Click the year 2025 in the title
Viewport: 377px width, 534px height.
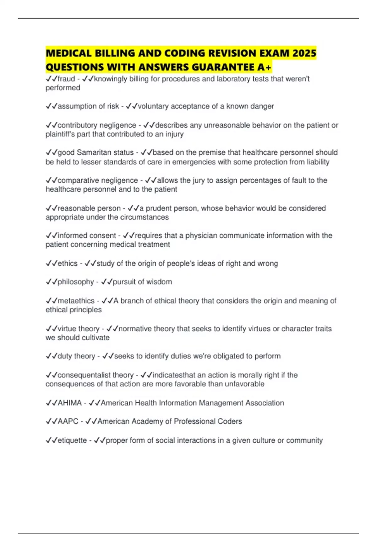tap(304, 53)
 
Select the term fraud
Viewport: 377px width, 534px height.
tap(66, 79)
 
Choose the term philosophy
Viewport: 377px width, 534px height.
tap(76, 282)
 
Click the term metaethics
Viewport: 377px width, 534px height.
tap(76, 301)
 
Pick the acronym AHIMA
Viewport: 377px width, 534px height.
tap(70, 403)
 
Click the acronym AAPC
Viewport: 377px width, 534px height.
tap(68, 421)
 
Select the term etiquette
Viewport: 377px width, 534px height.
tap(72, 440)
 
